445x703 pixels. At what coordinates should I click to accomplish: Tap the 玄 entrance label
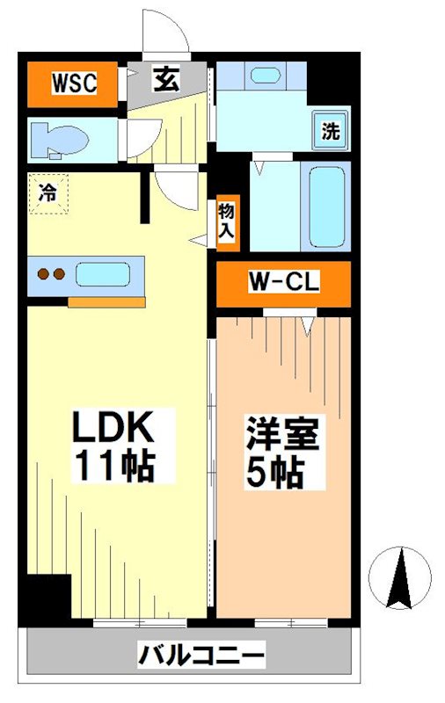(x=165, y=81)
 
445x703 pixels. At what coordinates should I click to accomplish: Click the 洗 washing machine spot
(x=330, y=132)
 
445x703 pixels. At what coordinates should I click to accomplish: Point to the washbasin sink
(x=265, y=75)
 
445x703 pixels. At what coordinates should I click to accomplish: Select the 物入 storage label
(x=227, y=221)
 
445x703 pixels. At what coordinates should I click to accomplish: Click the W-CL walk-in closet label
(x=283, y=283)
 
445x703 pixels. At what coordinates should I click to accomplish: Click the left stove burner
(x=42, y=274)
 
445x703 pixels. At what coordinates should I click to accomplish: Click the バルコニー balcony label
(x=201, y=655)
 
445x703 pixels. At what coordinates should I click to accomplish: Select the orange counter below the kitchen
(x=106, y=302)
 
